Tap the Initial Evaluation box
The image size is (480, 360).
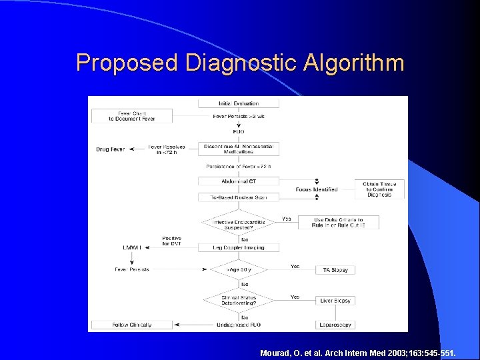(x=239, y=103)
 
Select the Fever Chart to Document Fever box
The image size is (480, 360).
(x=132, y=116)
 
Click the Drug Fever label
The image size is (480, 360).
(x=110, y=149)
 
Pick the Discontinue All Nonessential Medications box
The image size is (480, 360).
(x=239, y=149)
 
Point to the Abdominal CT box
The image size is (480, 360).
(x=239, y=181)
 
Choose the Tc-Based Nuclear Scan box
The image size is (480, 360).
(x=239, y=197)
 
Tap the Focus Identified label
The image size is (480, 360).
(x=317, y=189)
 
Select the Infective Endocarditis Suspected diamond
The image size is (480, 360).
(x=239, y=224)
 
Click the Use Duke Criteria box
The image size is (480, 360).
(x=338, y=222)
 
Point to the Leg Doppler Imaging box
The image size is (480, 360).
(x=239, y=247)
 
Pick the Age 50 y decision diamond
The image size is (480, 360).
(x=239, y=269)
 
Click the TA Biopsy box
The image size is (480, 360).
(x=335, y=269)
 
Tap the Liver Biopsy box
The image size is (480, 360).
(x=335, y=301)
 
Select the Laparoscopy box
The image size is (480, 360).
(x=335, y=325)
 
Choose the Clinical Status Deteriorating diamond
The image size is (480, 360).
(x=239, y=300)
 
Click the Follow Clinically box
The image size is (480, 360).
(x=132, y=325)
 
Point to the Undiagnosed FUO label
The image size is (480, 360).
(x=239, y=325)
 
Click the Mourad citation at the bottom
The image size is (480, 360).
(x=359, y=351)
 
